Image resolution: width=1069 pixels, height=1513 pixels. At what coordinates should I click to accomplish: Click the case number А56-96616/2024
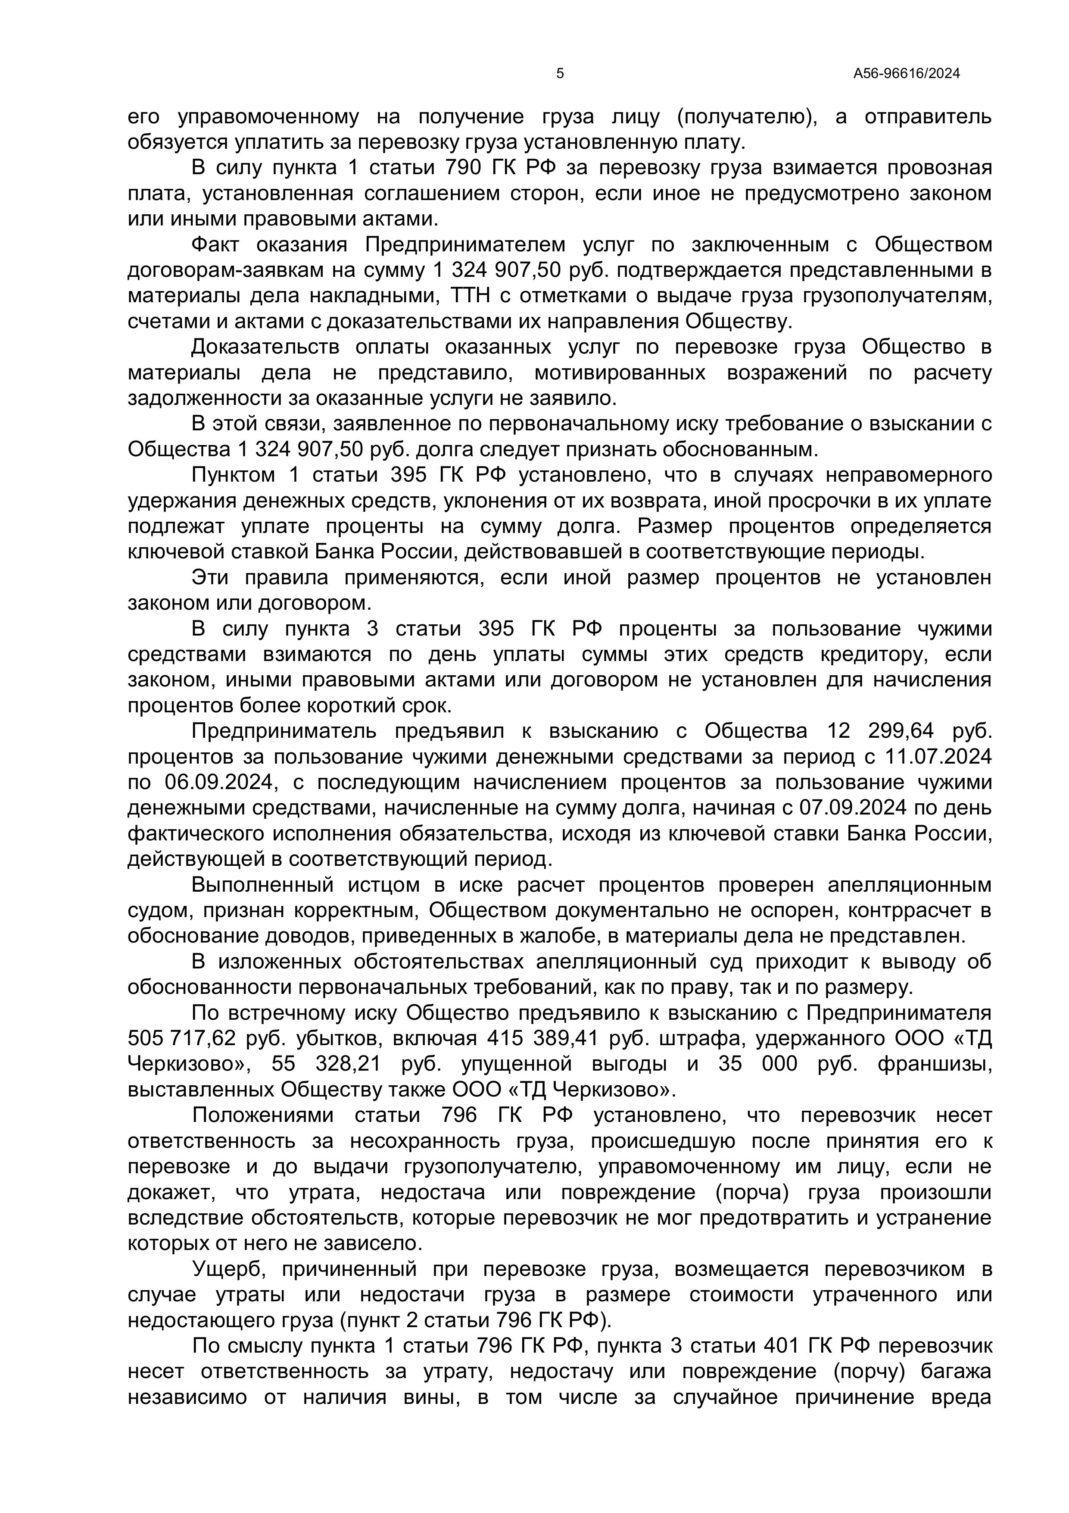tap(906, 74)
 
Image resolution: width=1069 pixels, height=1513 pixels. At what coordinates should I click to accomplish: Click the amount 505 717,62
tap(181, 1039)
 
